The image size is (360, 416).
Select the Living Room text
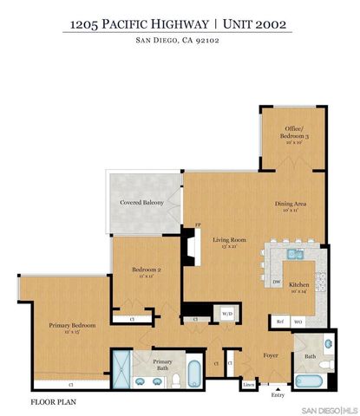(231, 241)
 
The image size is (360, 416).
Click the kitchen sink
(295, 255)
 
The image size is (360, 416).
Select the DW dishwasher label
(276, 283)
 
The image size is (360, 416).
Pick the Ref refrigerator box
(280, 321)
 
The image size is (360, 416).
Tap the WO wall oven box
(298, 321)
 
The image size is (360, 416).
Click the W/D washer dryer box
(227, 314)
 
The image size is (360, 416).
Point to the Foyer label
(270, 355)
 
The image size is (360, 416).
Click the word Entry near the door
(278, 395)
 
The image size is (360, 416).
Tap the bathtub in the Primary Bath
(193, 375)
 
